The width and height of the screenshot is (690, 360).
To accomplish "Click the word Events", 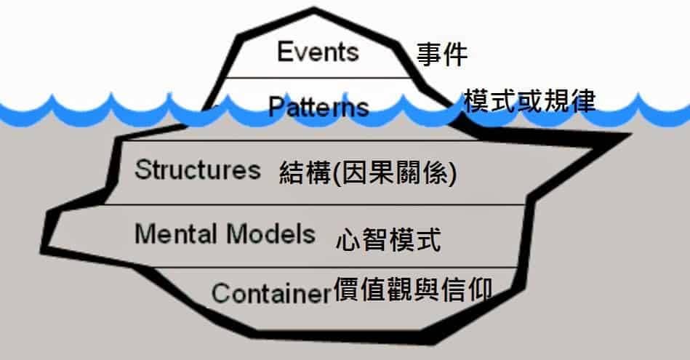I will tap(318, 52).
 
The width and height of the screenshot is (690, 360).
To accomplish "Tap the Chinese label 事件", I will tap(442, 55).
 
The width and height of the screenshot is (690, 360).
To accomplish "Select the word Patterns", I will tap(318, 108).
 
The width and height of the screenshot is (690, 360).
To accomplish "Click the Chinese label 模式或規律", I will tap(529, 101).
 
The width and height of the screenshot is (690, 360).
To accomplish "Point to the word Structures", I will tap(198, 170).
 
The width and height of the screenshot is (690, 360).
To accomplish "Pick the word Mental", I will tap(175, 234).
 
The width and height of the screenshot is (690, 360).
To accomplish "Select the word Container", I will tap(270, 294).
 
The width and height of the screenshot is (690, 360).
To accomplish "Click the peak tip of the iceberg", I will tap(314, 10).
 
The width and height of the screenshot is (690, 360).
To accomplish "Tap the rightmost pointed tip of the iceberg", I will tap(627, 137).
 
